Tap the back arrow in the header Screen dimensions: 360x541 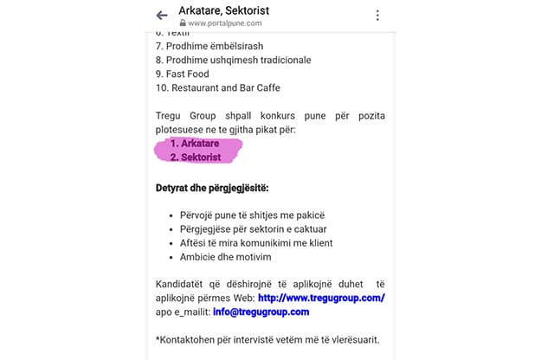coord(162,15)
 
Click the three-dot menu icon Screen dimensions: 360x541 coord(377,15)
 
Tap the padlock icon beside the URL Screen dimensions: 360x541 coord(183,23)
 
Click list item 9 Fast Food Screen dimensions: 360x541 coord(183,74)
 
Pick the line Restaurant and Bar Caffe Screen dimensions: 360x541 coord(218,87)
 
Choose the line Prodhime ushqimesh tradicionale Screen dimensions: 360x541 coord(234,60)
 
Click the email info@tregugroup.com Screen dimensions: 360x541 coord(261,312)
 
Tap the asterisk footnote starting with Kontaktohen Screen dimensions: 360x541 coord(267,339)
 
